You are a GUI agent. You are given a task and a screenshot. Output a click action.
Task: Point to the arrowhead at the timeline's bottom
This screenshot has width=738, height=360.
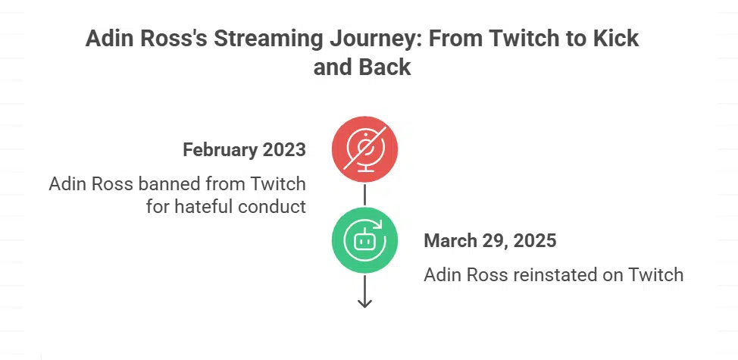coord(364,302)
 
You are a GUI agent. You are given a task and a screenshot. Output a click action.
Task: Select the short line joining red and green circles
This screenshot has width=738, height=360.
coord(364,195)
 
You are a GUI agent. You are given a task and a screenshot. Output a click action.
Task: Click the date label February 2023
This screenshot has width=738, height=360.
coord(244,149)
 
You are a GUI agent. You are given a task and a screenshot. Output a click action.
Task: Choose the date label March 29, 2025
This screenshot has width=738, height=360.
coord(490,241)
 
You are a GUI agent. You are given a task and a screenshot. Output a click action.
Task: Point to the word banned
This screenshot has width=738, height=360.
coord(170,184)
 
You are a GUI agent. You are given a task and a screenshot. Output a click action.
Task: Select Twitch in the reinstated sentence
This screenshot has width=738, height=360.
coord(656,274)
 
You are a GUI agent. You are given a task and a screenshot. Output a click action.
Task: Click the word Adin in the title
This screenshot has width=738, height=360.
coord(111,39)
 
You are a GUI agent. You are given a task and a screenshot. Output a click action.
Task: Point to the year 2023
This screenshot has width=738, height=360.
coord(284,149)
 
